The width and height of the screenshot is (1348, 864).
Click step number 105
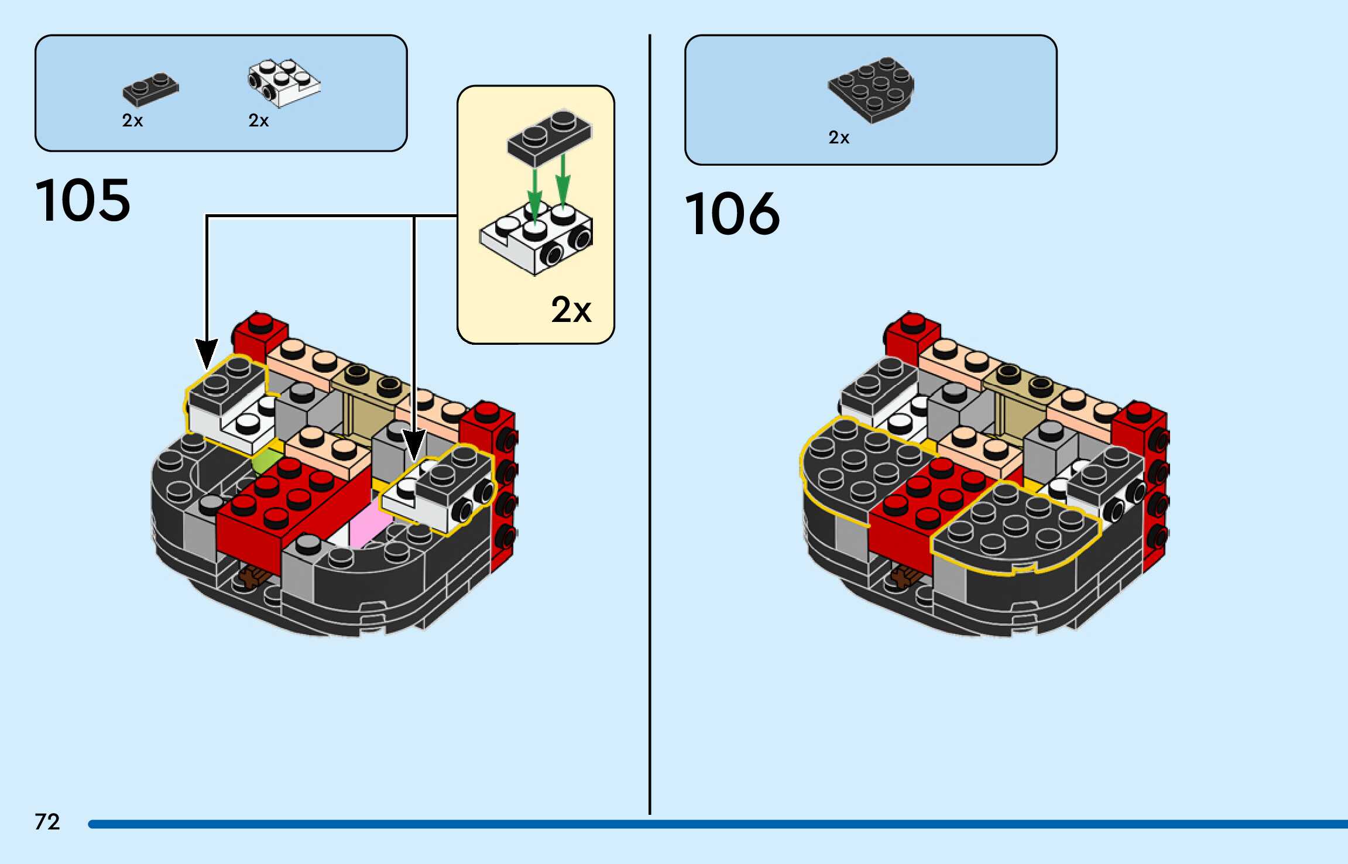click(83, 201)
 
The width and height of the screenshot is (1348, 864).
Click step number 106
click(732, 214)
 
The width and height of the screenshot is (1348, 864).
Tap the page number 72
click(47, 822)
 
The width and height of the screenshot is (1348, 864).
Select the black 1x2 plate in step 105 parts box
click(150, 90)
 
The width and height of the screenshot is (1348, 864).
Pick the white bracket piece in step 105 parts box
click(284, 83)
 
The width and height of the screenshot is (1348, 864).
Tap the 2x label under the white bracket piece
click(258, 121)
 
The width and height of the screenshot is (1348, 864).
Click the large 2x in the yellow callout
click(571, 310)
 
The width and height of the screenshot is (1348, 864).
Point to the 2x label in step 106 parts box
click(838, 138)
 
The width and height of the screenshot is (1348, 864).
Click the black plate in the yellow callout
click(549, 135)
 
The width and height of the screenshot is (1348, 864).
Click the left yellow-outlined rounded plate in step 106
click(855, 468)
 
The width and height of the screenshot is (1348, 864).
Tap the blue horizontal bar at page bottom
click(702, 824)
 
